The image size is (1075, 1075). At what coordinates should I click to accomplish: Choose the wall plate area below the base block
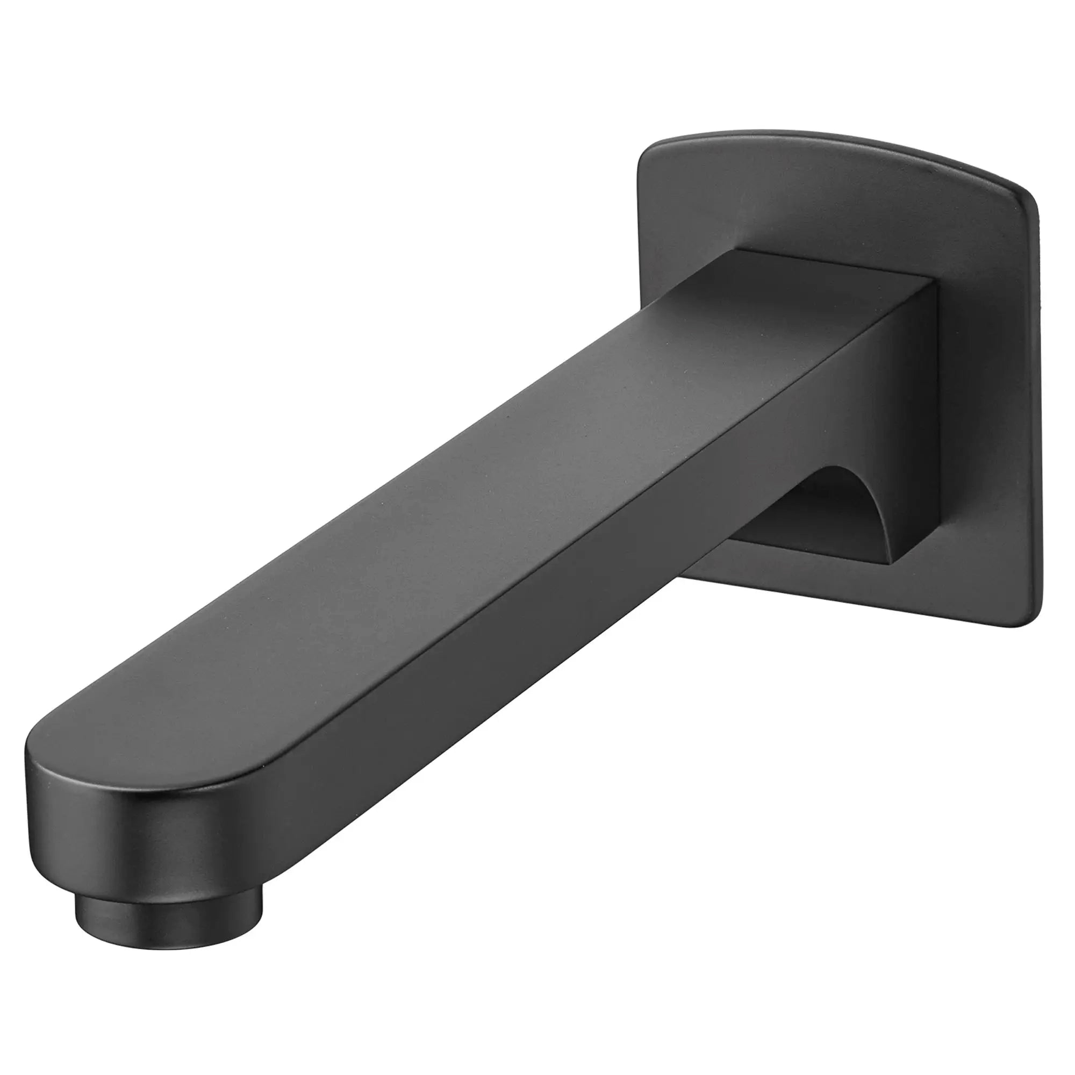890,596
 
